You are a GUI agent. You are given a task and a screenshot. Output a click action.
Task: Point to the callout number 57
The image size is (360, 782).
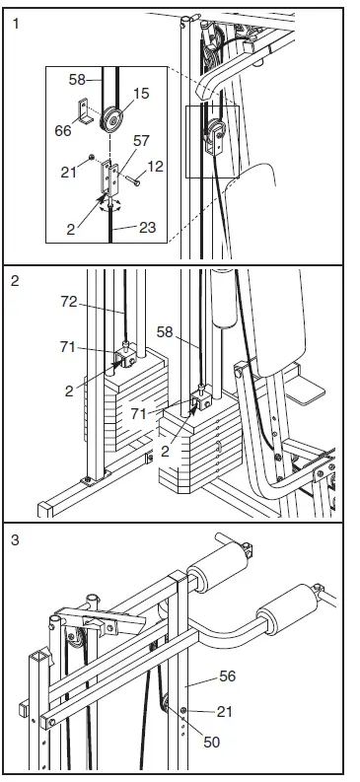(x=141, y=142)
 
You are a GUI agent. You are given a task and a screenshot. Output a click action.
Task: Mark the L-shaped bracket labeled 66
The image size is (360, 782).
(x=88, y=113)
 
